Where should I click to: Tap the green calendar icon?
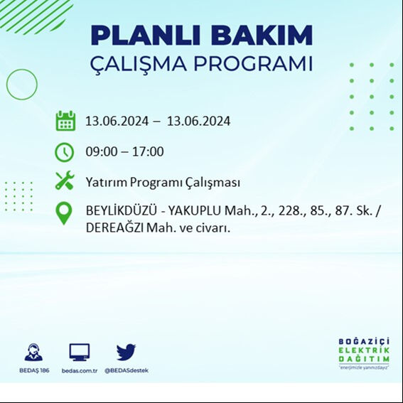(x=65, y=121)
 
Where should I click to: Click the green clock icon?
(x=64, y=151)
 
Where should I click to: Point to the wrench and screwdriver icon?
(x=65, y=181)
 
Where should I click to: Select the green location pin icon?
(x=64, y=213)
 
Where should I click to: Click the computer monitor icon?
(x=79, y=352)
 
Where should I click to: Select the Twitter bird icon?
(x=126, y=352)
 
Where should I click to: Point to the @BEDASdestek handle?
(x=127, y=370)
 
